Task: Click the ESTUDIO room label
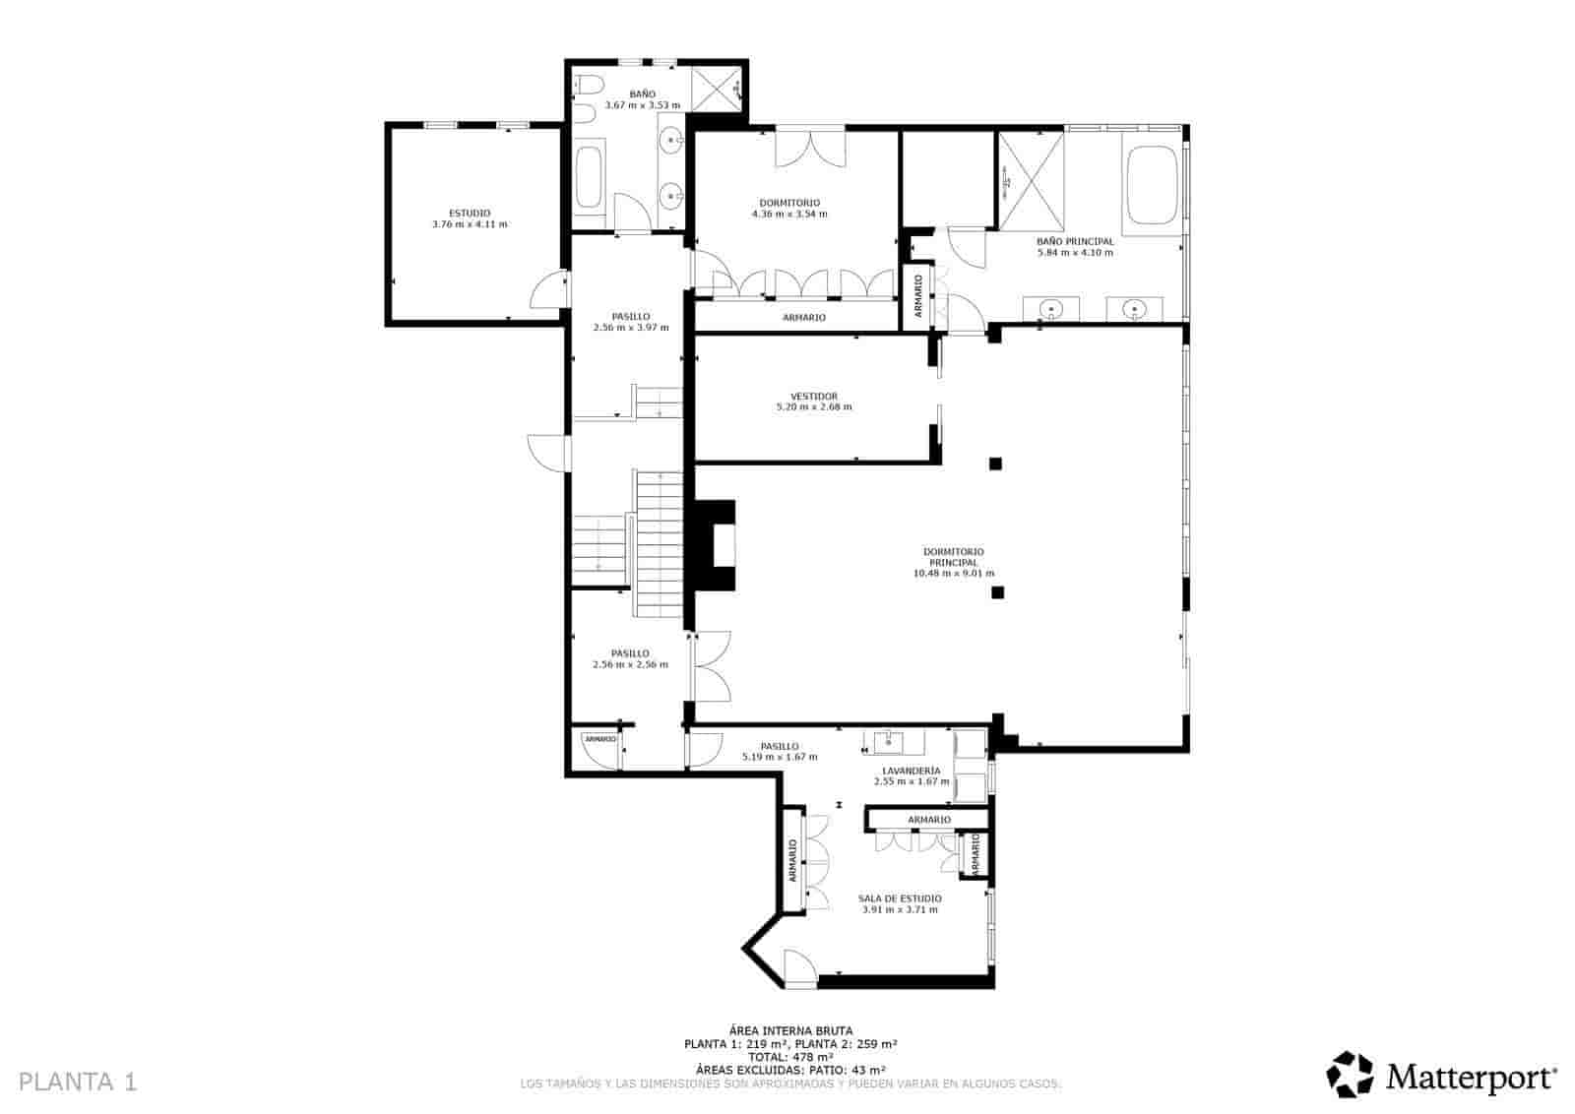(x=470, y=214)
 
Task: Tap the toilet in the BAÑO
(x=587, y=86)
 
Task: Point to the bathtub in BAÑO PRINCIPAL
(x=1152, y=185)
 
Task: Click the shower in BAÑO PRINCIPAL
(x=1032, y=180)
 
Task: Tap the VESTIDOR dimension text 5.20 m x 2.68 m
(x=814, y=406)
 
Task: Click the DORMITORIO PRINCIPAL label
(x=953, y=557)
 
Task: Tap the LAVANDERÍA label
(x=911, y=771)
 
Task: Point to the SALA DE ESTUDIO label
(x=899, y=898)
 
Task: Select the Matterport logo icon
(x=1350, y=1074)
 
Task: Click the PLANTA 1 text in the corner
(x=78, y=1082)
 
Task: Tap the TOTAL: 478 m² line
(x=789, y=1057)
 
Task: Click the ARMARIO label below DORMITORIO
(x=803, y=318)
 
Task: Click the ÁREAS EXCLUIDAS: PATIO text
(x=789, y=1070)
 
